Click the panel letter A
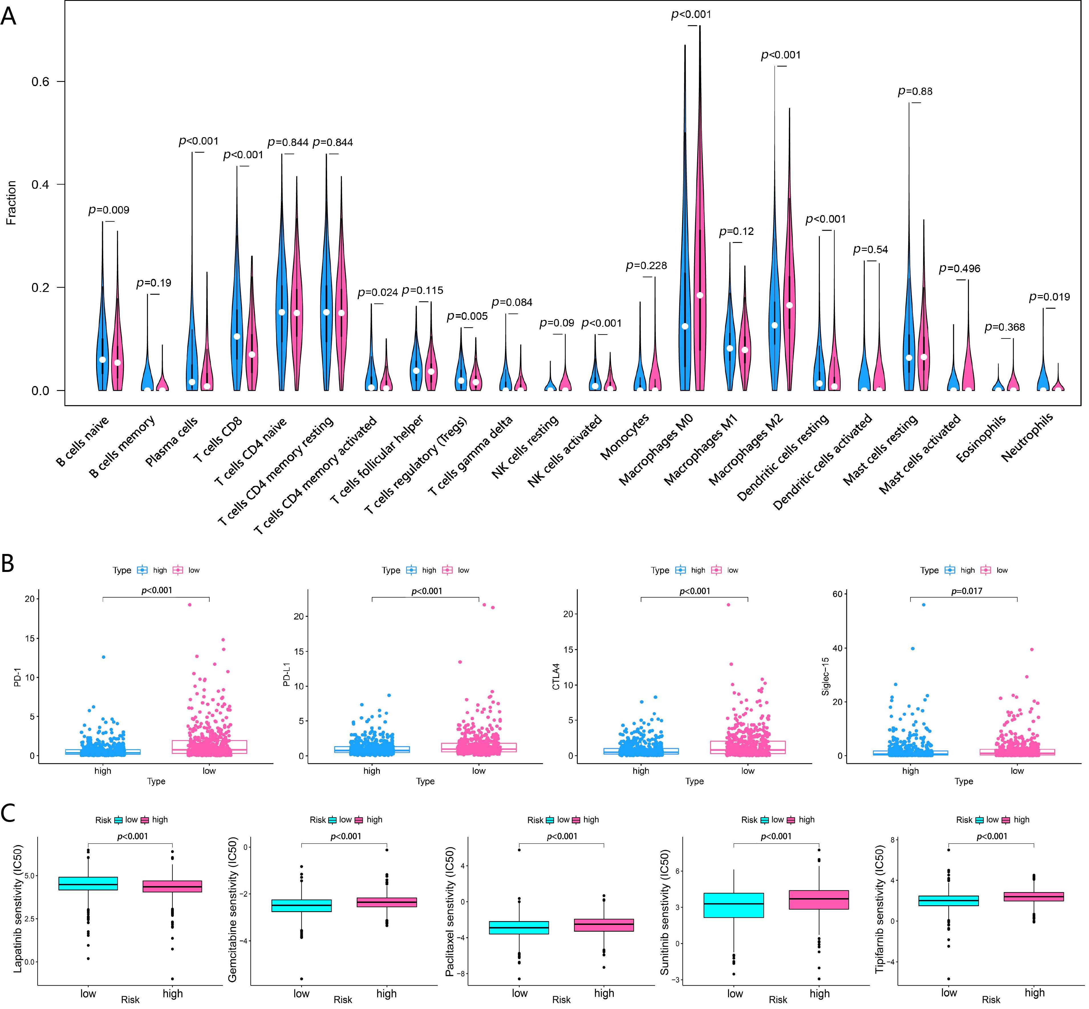pos(9,16)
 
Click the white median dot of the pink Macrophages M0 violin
pos(699,295)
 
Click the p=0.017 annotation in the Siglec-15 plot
pos(967,591)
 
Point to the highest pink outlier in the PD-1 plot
pos(190,604)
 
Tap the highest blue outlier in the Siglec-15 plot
pos(924,604)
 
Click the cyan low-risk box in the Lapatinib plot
pos(88,884)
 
